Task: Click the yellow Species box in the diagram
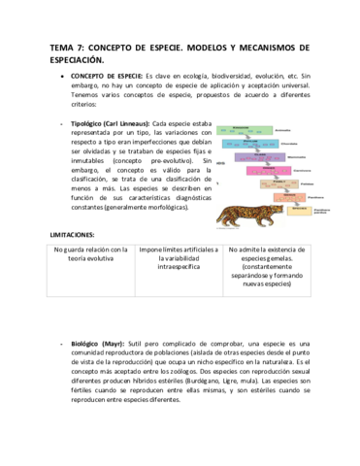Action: point(296,210)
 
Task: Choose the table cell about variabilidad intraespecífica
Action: point(180,260)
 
